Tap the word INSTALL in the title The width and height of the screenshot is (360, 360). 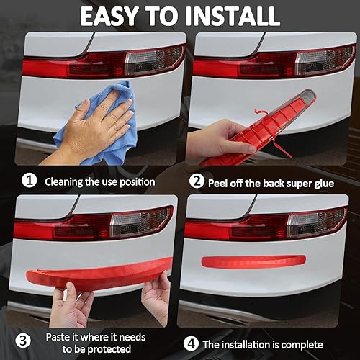coord(234,15)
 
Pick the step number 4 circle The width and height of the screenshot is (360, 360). coord(189,345)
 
